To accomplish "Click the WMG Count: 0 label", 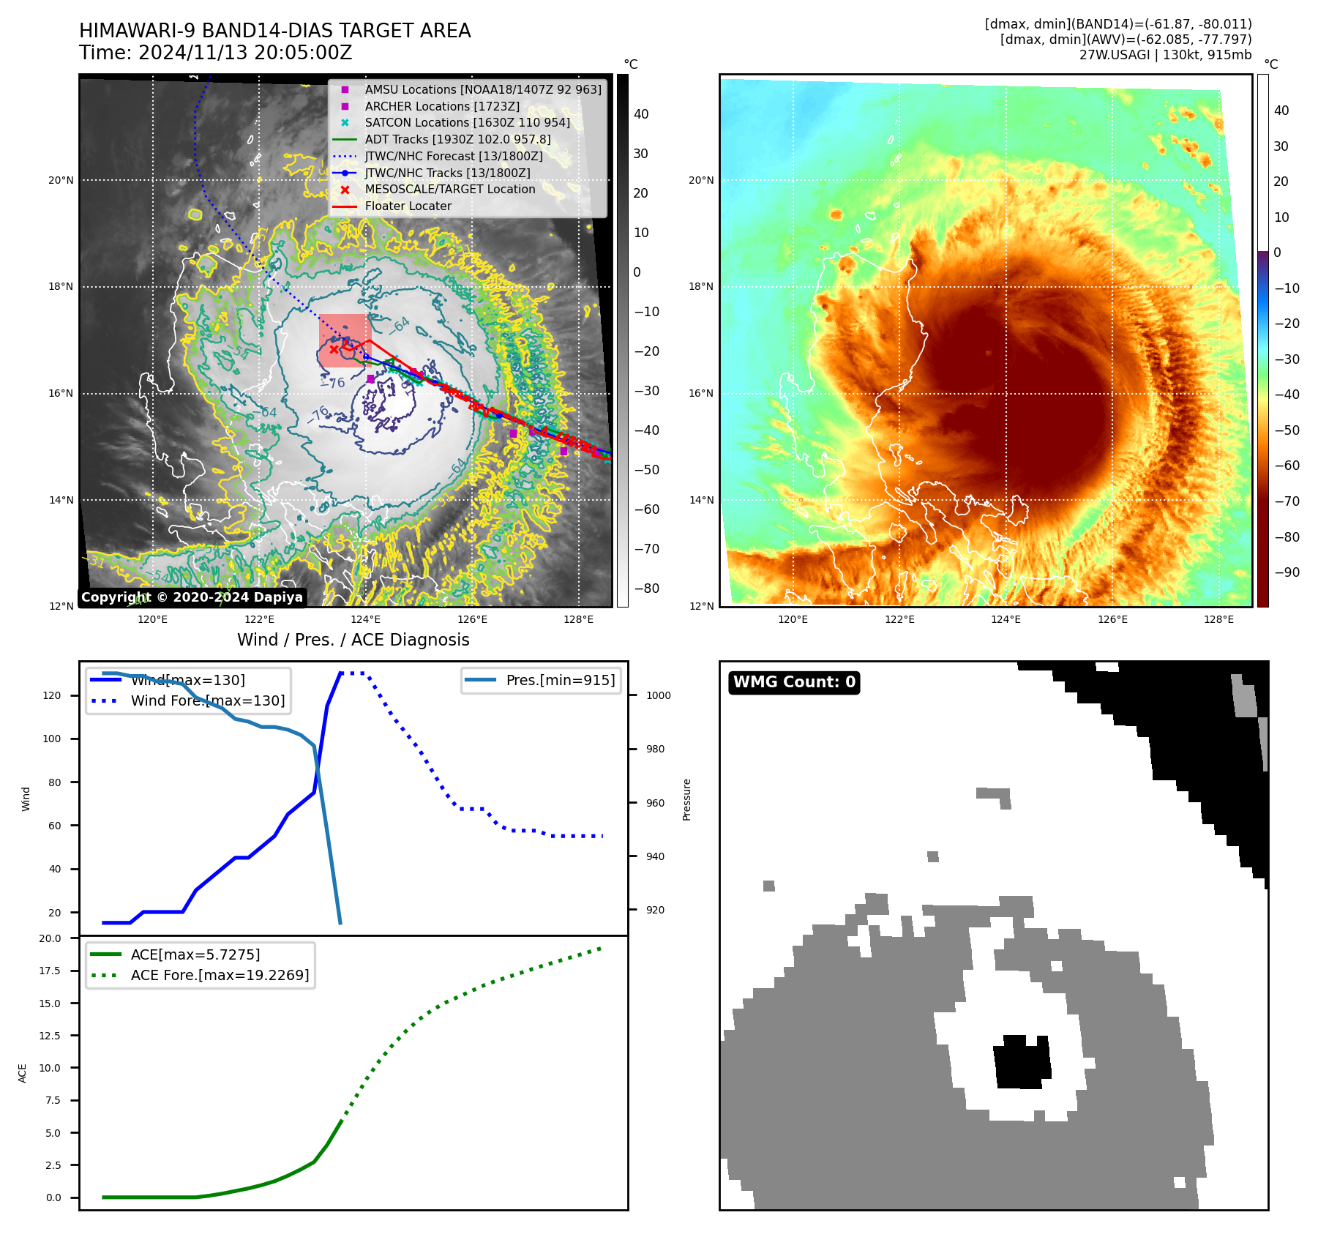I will (x=794, y=682).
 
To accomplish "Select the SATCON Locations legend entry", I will (x=467, y=123).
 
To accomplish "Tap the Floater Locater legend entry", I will (x=408, y=206).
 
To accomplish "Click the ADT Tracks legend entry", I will (x=457, y=140).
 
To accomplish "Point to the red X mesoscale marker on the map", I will (x=334, y=349).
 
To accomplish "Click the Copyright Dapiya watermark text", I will (x=192, y=597).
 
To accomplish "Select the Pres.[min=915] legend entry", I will (x=560, y=681).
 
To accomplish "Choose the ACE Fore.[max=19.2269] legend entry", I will (x=220, y=976).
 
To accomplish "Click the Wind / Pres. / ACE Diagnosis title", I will (x=353, y=640).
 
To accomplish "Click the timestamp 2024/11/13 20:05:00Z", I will (x=245, y=53).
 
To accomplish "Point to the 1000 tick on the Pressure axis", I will (x=658, y=696).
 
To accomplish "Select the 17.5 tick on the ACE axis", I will (x=50, y=971).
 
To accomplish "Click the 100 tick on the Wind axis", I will (x=52, y=739).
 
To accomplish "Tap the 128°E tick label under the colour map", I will (x=1218, y=620).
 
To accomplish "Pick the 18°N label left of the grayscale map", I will (x=61, y=287).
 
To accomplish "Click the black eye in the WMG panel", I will (x=1022, y=1062).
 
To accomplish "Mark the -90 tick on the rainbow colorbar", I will (x=1287, y=573).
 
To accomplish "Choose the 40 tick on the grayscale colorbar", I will (x=641, y=114).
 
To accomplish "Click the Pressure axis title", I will (x=686, y=799).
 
